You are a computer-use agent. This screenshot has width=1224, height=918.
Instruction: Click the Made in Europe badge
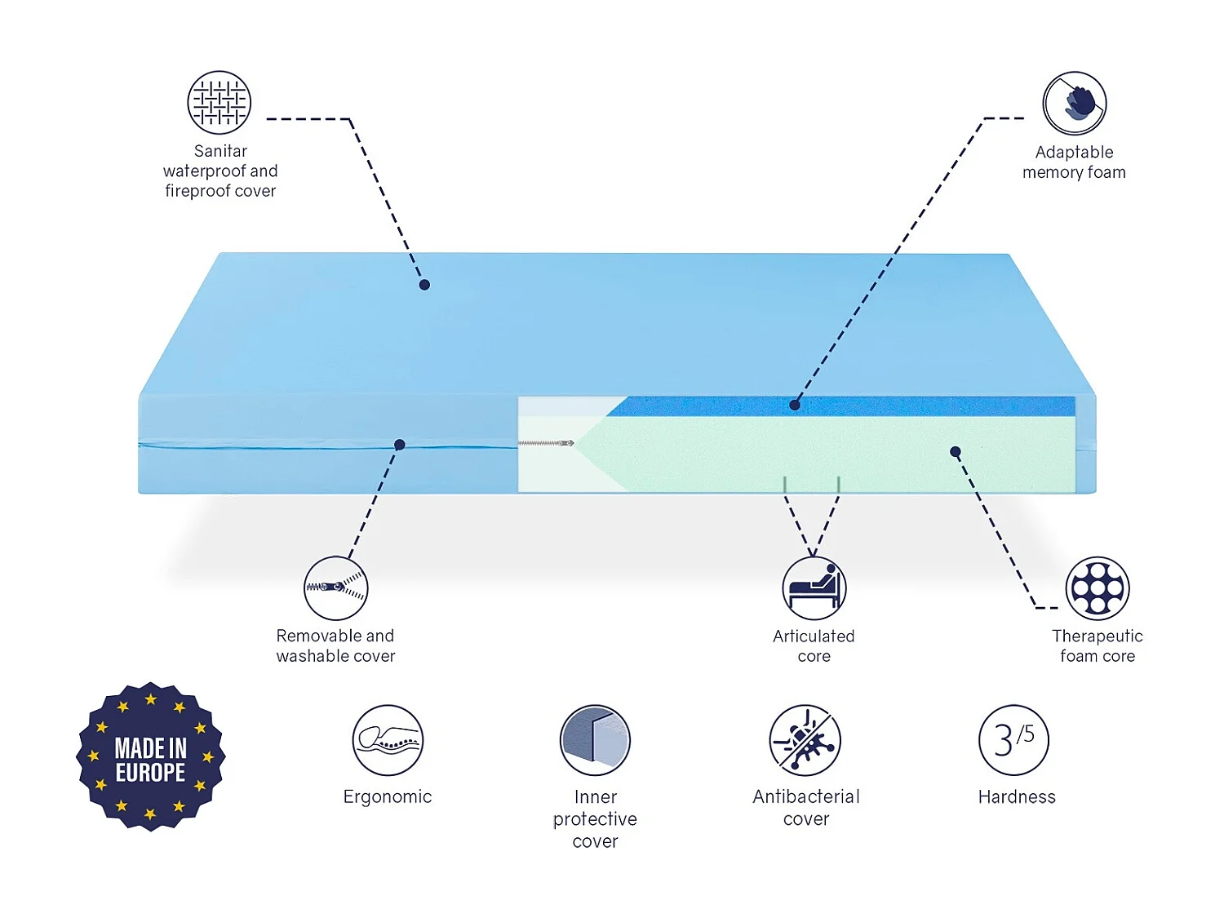point(151,757)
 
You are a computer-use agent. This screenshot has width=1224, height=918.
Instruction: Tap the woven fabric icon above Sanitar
point(219,103)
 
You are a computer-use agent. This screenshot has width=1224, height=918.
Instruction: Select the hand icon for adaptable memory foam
point(1074,104)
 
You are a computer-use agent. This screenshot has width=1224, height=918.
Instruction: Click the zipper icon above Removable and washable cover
point(336,588)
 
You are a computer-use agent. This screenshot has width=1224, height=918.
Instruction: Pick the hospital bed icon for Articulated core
point(814,588)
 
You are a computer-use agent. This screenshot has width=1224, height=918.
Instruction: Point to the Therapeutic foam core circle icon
point(1098,588)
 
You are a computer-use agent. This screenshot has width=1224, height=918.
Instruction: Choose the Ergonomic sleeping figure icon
point(388,740)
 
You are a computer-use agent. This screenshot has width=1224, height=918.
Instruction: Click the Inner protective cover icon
point(595,740)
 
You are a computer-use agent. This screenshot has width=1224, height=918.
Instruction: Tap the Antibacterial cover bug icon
point(805,740)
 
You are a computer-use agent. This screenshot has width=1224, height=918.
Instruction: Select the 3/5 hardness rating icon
point(1013,740)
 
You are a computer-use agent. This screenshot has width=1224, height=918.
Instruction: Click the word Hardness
point(1017,797)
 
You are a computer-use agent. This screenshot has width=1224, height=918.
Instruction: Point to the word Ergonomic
point(388,797)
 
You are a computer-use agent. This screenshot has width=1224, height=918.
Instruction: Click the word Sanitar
point(220,151)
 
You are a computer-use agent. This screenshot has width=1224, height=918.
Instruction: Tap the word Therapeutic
point(1098,636)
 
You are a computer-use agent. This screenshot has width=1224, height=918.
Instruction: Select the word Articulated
point(814,636)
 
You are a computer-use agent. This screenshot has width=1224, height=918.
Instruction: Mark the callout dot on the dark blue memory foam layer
point(795,405)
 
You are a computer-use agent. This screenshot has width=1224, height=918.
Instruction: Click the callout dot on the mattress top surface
point(424,285)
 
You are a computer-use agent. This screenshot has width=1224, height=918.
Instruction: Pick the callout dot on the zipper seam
point(400,445)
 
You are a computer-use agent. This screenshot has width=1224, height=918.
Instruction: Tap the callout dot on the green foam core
point(956,451)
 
